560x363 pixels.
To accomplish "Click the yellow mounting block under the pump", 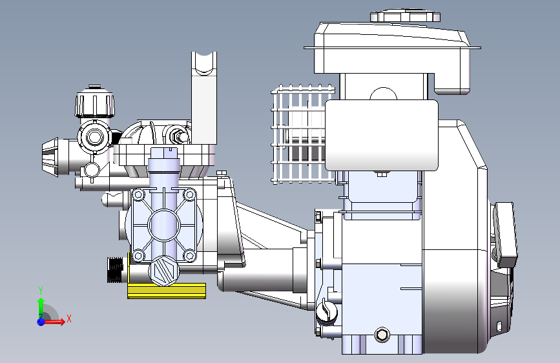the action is pyautogui.click(x=167, y=291).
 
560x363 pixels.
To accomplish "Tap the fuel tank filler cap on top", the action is pyautogui.click(x=405, y=16).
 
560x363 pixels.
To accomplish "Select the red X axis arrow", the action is pyautogui.click(x=54, y=322).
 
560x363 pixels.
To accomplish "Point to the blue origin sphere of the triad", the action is pyautogui.click(x=41, y=322).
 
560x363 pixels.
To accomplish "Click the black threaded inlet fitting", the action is pyautogui.click(x=115, y=269).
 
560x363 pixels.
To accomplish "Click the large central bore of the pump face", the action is pyautogui.click(x=164, y=225).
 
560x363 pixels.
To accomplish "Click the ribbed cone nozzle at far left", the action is pyautogui.click(x=50, y=157).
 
